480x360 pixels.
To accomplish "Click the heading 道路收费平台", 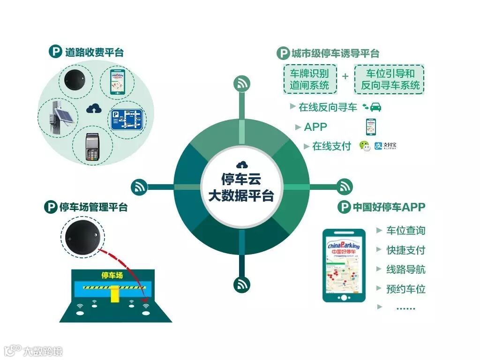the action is [94, 52].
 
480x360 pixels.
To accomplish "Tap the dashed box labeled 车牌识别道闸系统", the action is [309, 79].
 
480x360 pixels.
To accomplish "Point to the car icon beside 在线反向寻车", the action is [375, 107].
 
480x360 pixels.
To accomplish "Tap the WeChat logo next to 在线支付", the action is [365, 146].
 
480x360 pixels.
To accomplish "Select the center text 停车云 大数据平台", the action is [241, 187].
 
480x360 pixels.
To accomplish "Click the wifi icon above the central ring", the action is [242, 84].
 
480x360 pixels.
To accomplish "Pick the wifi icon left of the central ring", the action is [139, 187].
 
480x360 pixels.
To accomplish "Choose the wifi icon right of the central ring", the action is [345, 186].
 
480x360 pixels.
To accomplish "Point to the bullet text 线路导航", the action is [405, 269].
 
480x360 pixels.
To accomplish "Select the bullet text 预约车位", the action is [405, 289].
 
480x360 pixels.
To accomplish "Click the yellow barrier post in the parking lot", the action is [114, 294].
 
